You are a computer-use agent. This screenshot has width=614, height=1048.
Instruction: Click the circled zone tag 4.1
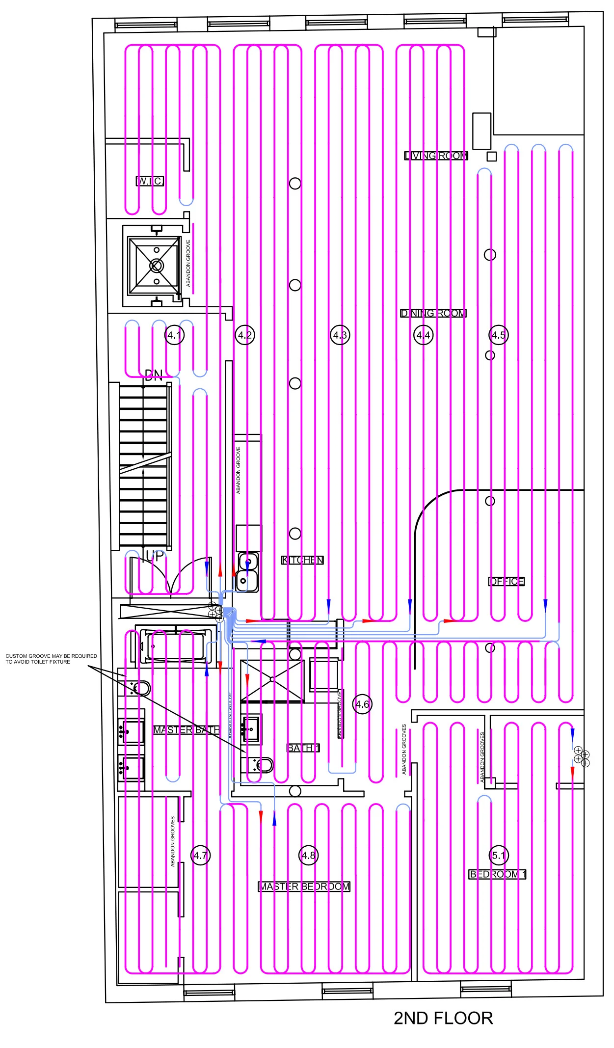pyautogui.click(x=174, y=335)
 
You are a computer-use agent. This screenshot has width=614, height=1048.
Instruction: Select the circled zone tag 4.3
pyautogui.click(x=340, y=335)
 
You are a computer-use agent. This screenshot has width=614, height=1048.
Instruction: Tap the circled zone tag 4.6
pyautogui.click(x=362, y=704)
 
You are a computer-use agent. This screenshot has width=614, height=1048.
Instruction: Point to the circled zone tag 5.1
pyautogui.click(x=498, y=856)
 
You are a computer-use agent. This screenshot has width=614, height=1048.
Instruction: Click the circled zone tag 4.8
pyautogui.click(x=308, y=856)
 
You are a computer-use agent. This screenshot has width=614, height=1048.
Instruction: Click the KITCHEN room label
pyautogui.click(x=302, y=560)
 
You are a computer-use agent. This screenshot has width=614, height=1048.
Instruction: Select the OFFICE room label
pyautogui.click(x=507, y=581)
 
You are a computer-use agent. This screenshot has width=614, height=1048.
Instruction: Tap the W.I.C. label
pyautogui.click(x=150, y=181)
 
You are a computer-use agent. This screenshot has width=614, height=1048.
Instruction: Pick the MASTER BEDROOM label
pyautogui.click(x=304, y=887)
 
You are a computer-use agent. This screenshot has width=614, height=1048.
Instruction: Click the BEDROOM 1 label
pyautogui.click(x=497, y=874)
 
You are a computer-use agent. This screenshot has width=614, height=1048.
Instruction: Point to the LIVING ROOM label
pyautogui.click(x=436, y=156)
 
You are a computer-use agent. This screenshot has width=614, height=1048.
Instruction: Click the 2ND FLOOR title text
pyautogui.click(x=443, y=1018)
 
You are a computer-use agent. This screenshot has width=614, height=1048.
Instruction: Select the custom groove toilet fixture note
pyautogui.click(x=51, y=659)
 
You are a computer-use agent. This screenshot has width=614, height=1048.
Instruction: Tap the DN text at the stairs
pyautogui.click(x=154, y=376)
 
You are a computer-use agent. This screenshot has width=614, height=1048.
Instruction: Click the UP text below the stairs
pyautogui.click(x=155, y=556)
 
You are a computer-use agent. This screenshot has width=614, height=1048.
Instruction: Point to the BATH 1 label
pyautogui.click(x=303, y=748)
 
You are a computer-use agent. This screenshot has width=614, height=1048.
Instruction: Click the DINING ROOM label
pyautogui.click(x=433, y=313)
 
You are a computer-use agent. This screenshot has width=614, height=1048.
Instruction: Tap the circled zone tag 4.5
pyautogui.click(x=498, y=335)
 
